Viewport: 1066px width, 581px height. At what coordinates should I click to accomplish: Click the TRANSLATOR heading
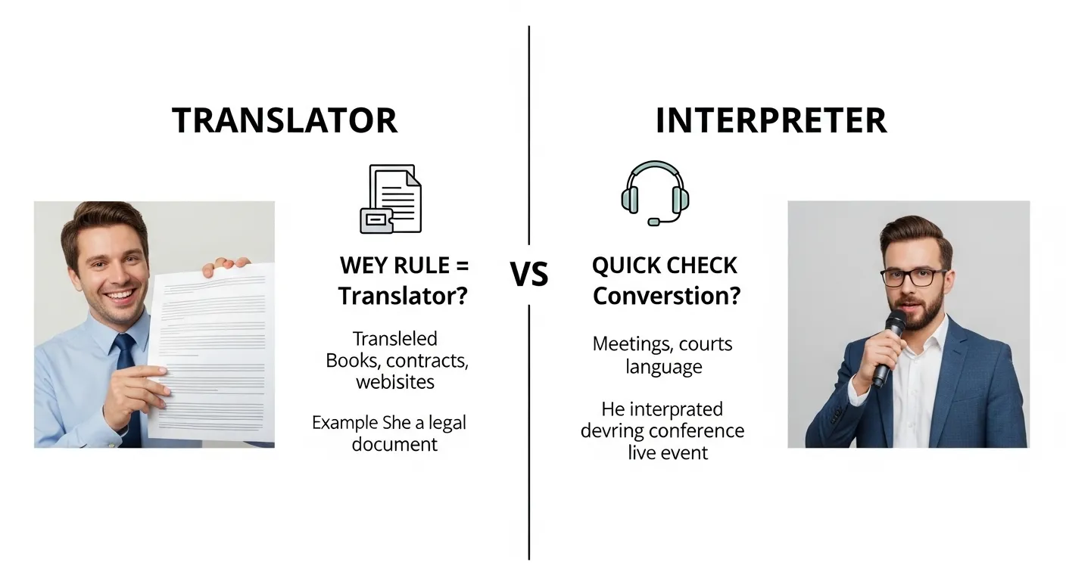pos(285,121)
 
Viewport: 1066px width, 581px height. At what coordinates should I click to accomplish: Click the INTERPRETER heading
pos(771,121)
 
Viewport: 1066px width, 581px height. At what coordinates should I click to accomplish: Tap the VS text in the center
pos(529,275)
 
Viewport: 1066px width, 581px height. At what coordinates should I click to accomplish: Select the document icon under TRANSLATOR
pos(391,199)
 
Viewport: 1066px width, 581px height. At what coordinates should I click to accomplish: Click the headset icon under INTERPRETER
pos(655,192)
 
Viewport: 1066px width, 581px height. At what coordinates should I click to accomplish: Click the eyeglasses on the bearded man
pos(913,277)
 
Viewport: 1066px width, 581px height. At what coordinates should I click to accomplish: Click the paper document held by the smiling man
pos(212,352)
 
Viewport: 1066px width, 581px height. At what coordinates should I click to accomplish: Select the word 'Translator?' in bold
pos(403,296)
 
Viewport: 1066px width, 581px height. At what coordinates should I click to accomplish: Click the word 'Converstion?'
pos(665,296)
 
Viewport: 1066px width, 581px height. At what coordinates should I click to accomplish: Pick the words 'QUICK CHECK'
pos(664,266)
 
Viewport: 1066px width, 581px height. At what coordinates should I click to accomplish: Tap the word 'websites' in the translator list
pos(395,382)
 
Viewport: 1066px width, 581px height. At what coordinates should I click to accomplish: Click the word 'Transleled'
pos(395,338)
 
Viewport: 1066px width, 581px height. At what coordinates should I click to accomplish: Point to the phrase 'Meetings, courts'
pos(662,344)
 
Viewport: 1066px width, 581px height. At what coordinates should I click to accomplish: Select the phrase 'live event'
pos(668,453)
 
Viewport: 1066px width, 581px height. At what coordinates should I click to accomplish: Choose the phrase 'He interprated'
pos(662,409)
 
